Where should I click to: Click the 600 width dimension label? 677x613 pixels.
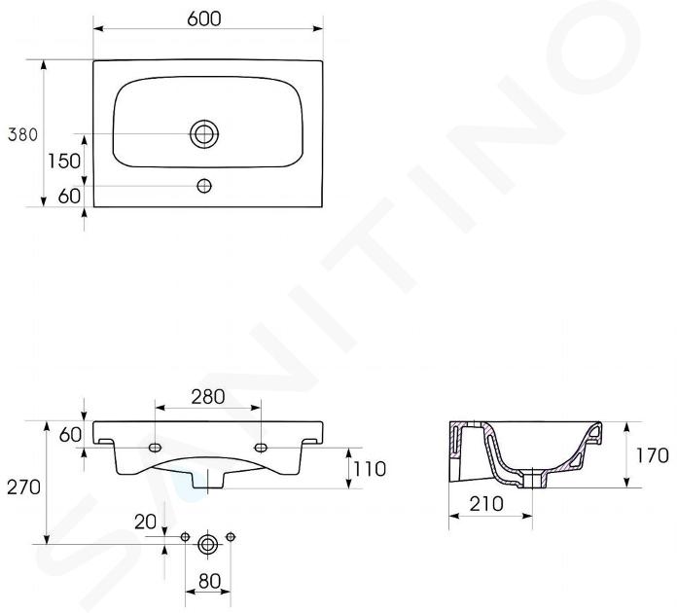[204, 18]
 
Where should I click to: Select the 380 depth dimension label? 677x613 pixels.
[23, 135]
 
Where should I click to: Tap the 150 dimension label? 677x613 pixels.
[64, 162]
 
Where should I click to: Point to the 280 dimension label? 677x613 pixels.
[208, 397]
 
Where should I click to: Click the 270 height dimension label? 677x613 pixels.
[23, 487]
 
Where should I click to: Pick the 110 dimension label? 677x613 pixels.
[370, 469]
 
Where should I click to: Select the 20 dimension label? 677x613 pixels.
[146, 522]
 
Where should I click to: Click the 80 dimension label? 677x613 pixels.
[209, 581]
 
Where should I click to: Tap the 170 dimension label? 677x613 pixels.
[653, 455]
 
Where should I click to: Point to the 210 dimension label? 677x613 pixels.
[486, 503]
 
